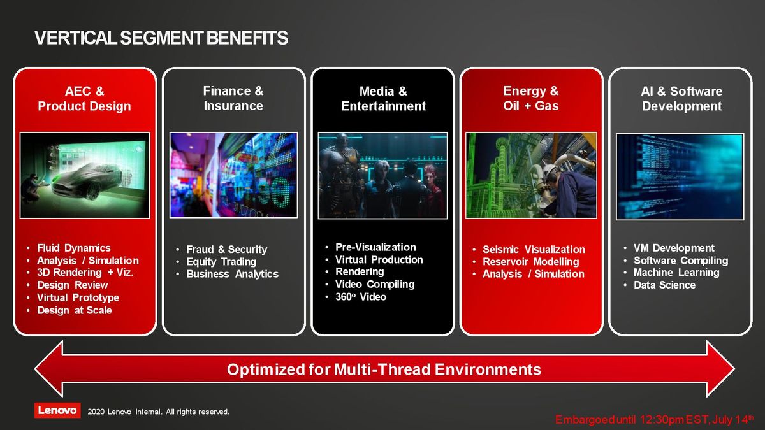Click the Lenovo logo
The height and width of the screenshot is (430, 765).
(57, 410)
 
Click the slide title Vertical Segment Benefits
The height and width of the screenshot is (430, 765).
(161, 38)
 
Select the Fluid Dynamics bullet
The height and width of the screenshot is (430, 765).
(74, 248)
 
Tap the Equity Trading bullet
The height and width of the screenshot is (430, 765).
(221, 262)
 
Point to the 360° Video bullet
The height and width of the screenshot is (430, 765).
(361, 297)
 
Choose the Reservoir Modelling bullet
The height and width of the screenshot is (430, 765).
(530, 262)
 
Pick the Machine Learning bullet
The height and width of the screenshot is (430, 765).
(676, 273)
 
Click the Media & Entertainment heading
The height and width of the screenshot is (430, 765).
(383, 99)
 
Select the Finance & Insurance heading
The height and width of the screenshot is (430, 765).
(233, 98)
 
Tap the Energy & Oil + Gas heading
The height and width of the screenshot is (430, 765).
(530, 98)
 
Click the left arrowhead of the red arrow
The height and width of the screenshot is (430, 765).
(49, 369)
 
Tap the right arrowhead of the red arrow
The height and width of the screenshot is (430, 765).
(720, 369)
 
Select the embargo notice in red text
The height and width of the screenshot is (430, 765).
(654, 419)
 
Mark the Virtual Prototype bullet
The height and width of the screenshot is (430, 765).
(78, 298)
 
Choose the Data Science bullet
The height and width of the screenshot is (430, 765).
(664, 285)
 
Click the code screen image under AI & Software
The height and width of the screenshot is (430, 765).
(680, 177)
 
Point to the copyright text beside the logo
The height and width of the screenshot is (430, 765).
(158, 412)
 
